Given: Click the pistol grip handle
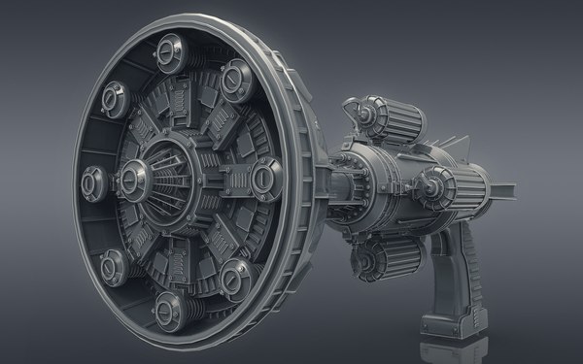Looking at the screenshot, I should pyautogui.click(x=456, y=272).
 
